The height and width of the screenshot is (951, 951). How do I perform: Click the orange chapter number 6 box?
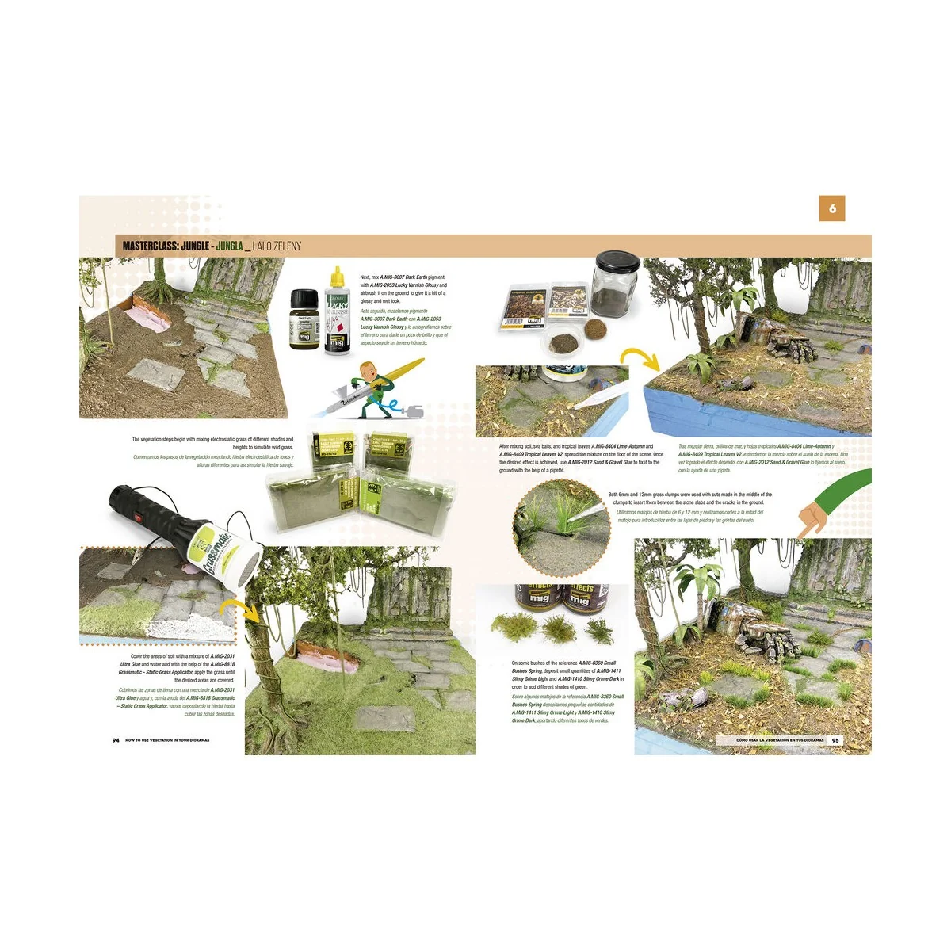point(832,208)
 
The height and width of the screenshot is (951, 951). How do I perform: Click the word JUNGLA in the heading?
point(229,246)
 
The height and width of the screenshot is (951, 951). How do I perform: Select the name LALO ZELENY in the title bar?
point(277,246)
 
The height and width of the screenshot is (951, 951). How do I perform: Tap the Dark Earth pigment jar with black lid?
point(304,319)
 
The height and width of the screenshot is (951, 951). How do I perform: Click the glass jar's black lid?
point(617,263)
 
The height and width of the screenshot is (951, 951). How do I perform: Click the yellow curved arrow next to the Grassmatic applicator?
point(240,611)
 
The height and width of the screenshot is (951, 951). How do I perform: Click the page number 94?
point(116,740)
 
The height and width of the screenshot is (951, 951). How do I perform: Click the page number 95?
point(835,740)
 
